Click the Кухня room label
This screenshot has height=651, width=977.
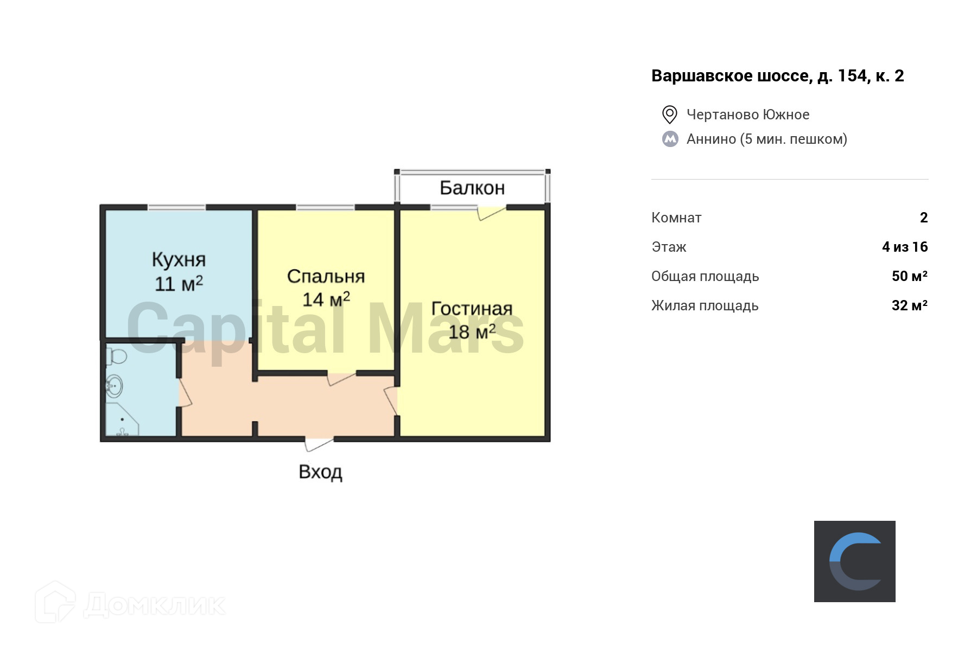tap(179, 260)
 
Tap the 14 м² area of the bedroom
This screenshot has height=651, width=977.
tap(326, 299)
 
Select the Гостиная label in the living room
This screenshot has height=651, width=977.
tap(472, 308)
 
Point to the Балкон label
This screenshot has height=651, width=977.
tap(472, 188)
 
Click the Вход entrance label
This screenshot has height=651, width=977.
tap(320, 472)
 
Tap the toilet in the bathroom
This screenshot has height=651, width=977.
tap(116, 356)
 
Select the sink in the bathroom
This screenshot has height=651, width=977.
tap(114, 386)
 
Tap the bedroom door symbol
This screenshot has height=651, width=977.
tap(341, 378)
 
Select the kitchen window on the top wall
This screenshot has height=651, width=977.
tap(176, 207)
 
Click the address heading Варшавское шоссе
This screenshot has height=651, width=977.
tap(777, 76)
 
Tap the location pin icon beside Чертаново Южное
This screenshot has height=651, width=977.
tap(670, 114)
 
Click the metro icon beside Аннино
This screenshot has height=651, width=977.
tap(670, 139)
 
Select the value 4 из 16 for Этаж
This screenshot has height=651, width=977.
tap(905, 247)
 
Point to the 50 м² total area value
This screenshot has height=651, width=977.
tap(909, 276)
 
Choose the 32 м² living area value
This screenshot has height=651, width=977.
tap(909, 305)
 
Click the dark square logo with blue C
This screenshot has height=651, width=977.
tap(854, 561)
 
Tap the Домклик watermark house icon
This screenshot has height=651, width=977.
tap(55, 602)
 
